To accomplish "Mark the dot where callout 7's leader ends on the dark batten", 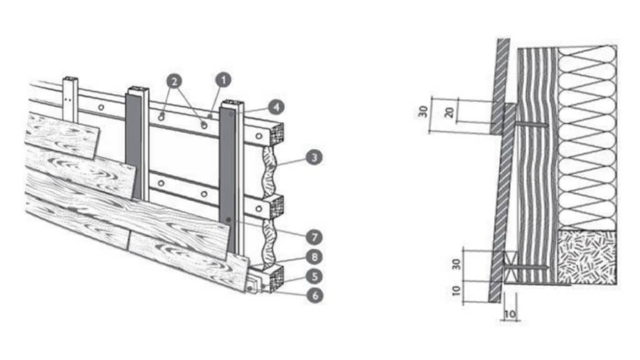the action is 229,220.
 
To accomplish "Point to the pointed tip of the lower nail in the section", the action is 547,267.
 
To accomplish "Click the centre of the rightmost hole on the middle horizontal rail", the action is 258,209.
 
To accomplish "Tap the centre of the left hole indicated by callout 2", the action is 162,117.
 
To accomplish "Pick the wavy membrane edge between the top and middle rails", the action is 268,171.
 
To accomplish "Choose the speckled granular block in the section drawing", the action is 587,256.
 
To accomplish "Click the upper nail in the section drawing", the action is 530,123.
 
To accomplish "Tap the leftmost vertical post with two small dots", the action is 70,99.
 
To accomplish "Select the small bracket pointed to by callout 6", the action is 253,284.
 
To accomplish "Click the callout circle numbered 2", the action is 174,82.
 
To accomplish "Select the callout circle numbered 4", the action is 276,107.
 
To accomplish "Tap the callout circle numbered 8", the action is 314,257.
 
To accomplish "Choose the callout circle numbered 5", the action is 314,276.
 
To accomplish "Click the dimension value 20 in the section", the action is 449,112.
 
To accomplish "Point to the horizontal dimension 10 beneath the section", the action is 510,314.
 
